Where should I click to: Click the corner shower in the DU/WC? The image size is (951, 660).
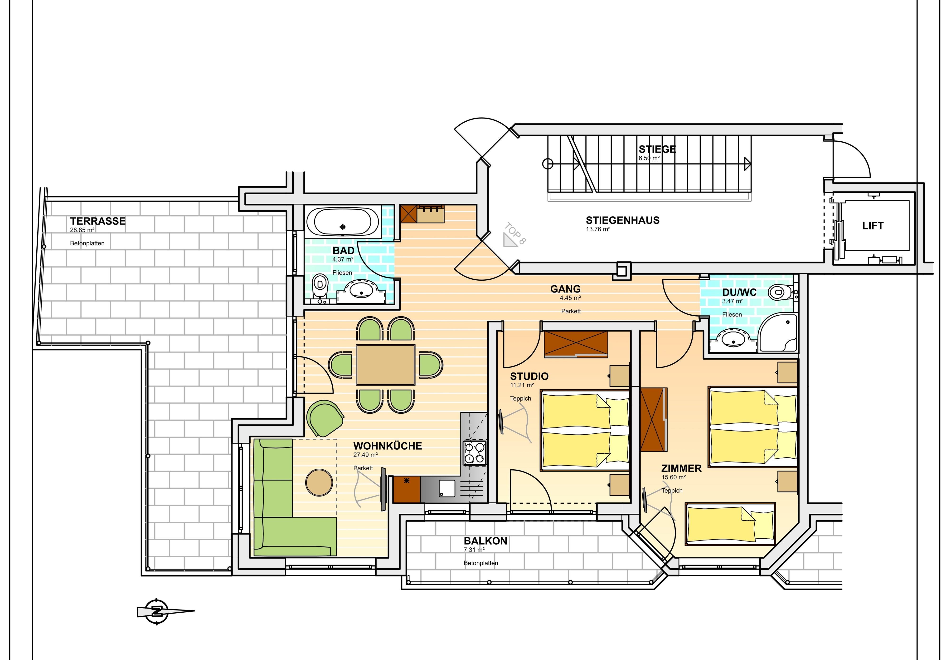(778, 333)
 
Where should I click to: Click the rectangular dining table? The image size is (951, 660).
(385, 365)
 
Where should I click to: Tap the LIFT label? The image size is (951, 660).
(873, 226)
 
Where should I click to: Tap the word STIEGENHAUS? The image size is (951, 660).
(623, 220)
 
